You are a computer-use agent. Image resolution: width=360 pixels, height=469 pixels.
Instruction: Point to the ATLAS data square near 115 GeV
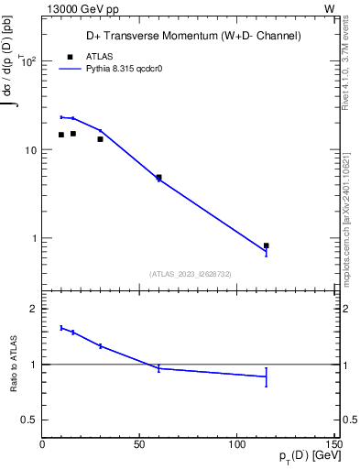(266, 245)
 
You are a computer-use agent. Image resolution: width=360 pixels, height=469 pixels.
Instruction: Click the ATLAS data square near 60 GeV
(158, 178)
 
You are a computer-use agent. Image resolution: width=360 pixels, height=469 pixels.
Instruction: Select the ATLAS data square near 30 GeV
(100, 139)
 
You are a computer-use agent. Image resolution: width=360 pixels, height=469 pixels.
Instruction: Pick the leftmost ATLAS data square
(61, 135)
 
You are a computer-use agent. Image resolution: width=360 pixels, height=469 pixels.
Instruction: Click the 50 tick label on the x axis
(140, 445)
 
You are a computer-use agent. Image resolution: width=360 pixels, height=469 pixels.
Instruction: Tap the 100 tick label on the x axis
(237, 445)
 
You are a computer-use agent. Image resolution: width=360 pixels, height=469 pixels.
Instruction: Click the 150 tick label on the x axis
(333, 445)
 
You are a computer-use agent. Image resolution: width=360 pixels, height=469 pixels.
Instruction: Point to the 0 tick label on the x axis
(42, 445)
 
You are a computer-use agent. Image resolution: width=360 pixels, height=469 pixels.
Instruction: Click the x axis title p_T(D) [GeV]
(303, 457)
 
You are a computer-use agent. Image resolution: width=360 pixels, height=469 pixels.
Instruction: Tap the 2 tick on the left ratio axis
(33, 309)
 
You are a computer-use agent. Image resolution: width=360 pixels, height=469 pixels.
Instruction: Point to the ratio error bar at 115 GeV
(266, 376)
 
